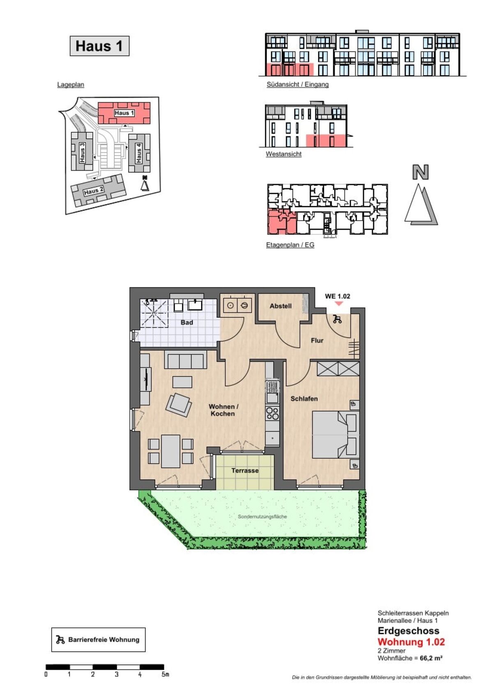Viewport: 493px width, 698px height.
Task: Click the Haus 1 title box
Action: coord(99,46)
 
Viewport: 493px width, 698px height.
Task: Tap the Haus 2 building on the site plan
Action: coord(99,190)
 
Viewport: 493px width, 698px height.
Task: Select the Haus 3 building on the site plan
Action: coord(82,151)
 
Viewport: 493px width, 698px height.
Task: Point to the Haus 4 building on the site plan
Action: coord(139,153)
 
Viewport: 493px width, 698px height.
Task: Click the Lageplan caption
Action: coord(70,85)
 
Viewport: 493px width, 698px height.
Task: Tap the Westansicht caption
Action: coord(283,154)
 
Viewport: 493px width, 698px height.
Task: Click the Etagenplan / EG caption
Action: coord(290,245)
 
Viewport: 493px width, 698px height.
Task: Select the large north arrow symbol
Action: coord(421,195)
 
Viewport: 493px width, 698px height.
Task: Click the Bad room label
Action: coord(187,323)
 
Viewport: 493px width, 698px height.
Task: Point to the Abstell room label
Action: coord(281,306)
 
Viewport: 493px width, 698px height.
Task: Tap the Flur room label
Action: coord(317,341)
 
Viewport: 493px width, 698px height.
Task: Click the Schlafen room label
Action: coord(304,399)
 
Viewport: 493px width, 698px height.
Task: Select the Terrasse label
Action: coord(245,470)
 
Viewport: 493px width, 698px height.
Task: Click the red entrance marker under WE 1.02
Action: coord(339,303)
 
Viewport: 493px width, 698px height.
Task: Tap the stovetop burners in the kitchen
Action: coord(272,414)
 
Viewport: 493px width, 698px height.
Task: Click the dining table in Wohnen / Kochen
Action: coord(171,451)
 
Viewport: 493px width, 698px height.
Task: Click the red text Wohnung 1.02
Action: coord(411,642)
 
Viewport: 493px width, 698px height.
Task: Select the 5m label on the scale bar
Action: coord(165,674)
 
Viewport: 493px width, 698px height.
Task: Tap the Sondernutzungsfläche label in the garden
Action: coord(262,517)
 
